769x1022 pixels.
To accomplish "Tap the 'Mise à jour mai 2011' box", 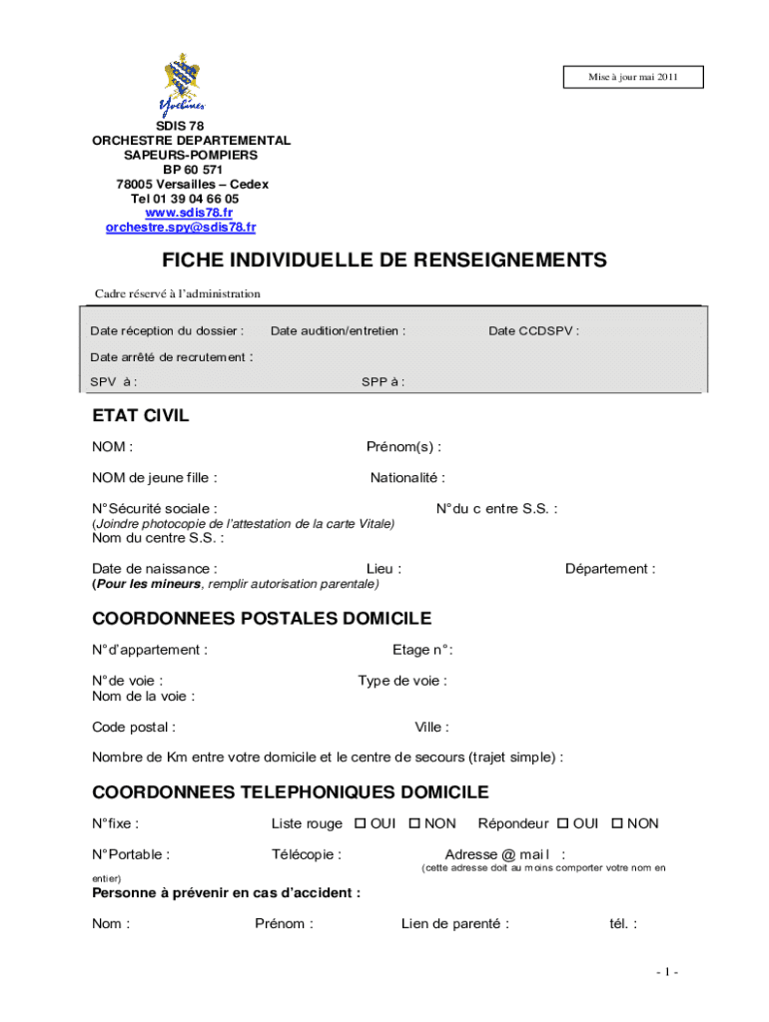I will tap(632, 78).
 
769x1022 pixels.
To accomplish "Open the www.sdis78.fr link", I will tap(189, 213).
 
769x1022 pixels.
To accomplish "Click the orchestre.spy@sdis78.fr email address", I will tap(181, 228).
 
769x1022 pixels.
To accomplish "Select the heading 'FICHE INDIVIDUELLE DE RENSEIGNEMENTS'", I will tap(384, 260).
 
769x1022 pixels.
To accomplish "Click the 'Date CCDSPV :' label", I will tap(533, 331).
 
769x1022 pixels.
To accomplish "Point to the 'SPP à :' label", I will tap(383, 382).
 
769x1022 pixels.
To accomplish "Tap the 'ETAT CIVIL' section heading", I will tap(141, 416).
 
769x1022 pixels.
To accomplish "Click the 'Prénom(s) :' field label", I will tap(403, 447).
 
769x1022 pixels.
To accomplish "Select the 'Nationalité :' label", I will tap(407, 478).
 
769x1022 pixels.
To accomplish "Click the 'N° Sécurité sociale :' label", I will tap(155, 509).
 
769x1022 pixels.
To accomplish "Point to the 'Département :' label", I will tap(610, 569).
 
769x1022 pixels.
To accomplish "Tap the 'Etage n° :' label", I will tap(422, 651).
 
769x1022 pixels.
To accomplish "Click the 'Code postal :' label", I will tap(134, 728).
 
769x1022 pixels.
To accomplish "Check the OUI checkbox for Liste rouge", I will tap(361, 823).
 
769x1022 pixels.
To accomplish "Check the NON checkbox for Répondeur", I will tap(617, 823).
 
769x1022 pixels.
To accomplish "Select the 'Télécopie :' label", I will tap(307, 854).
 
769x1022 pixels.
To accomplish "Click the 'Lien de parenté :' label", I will tap(455, 924).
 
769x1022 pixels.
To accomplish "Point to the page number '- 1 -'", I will tap(668, 972).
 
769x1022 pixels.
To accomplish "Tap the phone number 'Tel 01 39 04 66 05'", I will tap(185, 199).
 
